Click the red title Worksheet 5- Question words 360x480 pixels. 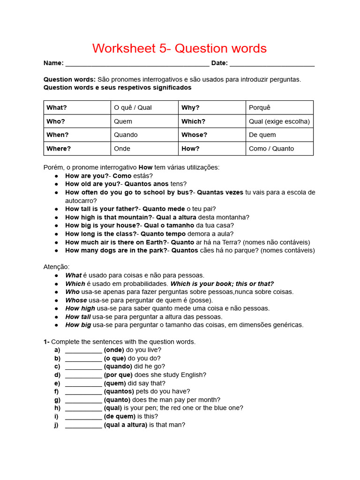tap(180, 48)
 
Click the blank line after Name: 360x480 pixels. tap(137, 64)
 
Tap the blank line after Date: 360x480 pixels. tap(272, 64)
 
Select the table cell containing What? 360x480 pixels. tap(77, 107)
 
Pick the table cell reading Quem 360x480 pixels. tap(145, 121)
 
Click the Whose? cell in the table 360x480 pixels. tap(212, 135)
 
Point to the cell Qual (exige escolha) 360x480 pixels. tap(279, 121)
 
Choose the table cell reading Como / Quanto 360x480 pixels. tap(279, 149)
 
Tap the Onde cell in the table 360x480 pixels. tap(145, 149)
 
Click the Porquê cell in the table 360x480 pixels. tap(279, 107)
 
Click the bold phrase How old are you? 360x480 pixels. tap(93, 184)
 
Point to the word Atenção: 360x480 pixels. tap(56, 267)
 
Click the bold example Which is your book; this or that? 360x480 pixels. tap(222, 284)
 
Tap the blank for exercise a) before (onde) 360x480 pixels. tap(83, 350)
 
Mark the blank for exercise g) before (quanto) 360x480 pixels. tap(83, 400)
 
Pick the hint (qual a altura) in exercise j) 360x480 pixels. tap(126, 425)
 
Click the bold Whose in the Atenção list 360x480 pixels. tap(76, 300)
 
